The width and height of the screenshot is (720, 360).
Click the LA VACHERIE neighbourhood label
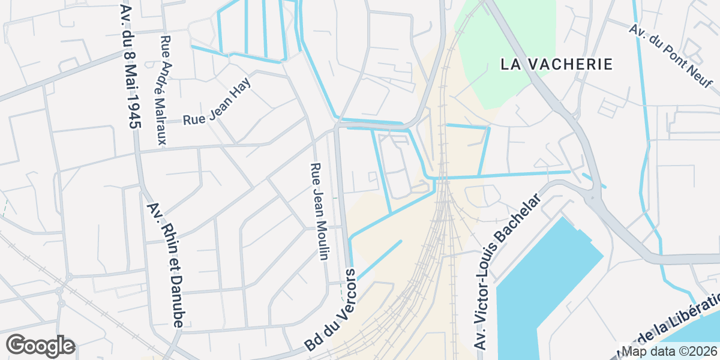click(x=557, y=64)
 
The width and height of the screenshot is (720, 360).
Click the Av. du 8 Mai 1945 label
click(x=129, y=66)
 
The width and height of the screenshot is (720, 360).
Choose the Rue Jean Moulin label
click(x=319, y=211)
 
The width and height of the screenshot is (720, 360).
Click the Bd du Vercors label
click(x=331, y=310)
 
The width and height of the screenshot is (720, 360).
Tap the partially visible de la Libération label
click(x=675, y=329)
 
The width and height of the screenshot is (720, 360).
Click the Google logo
click(x=40, y=346)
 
